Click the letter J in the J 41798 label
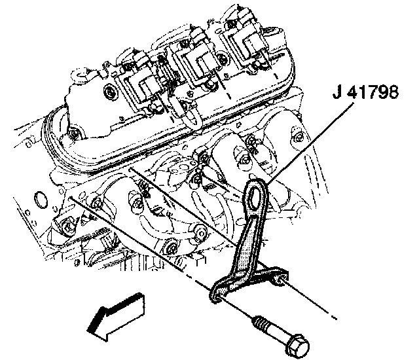(336, 92)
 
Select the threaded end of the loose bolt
(259, 323)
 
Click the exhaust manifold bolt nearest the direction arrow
(172, 249)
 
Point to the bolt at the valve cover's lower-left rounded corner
(75, 135)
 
